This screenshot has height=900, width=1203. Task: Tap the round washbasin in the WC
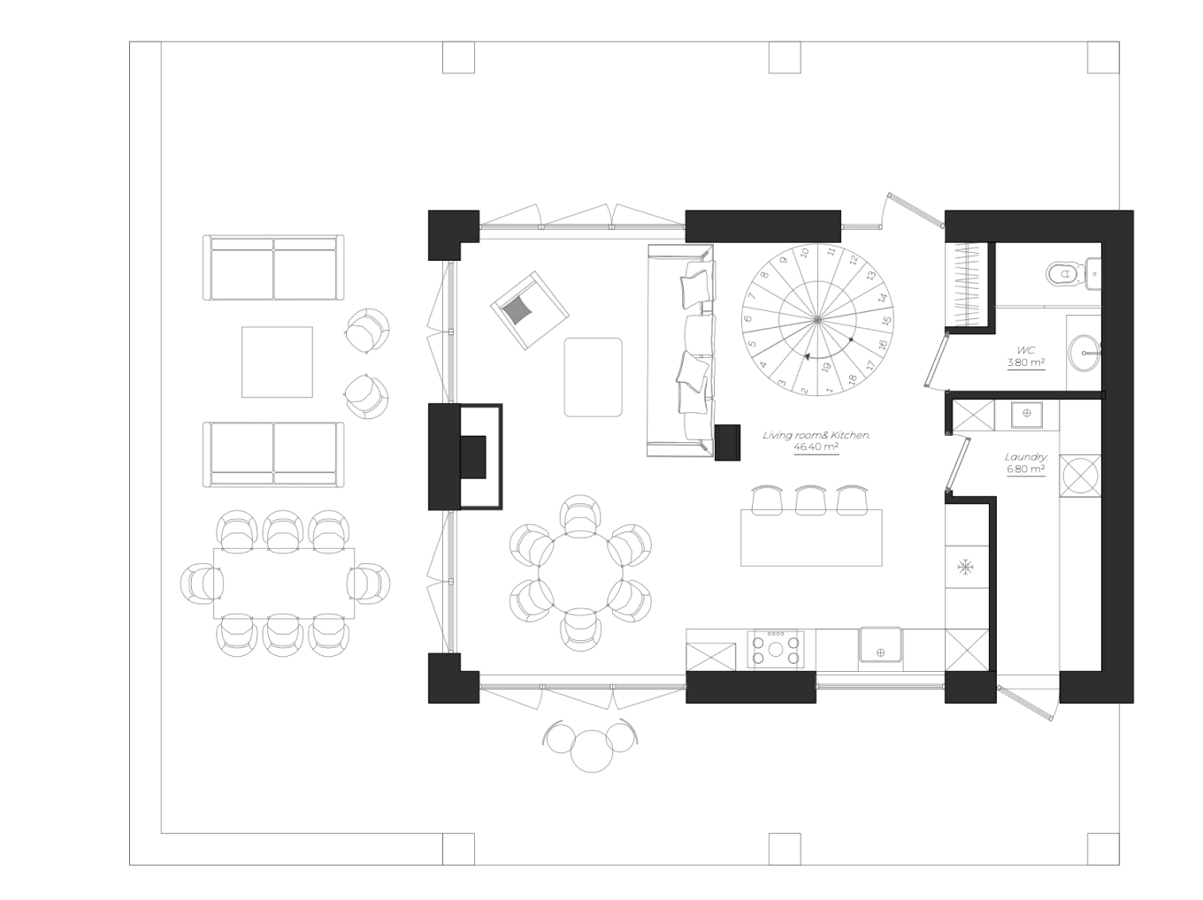point(1084,354)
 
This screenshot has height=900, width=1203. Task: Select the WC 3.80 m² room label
point(1026,357)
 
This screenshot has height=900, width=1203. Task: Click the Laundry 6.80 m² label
point(1026,463)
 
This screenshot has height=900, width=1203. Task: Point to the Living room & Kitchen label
point(816,440)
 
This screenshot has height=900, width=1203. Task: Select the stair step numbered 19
point(825,367)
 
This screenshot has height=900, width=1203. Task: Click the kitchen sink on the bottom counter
point(880,645)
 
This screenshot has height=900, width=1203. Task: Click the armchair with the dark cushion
point(528,309)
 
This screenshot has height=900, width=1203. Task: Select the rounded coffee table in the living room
point(593,377)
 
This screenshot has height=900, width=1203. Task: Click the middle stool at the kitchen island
point(810,500)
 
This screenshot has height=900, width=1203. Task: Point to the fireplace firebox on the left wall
point(473,456)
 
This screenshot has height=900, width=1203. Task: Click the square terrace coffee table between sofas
point(277,362)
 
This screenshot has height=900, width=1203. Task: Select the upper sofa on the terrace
point(273,267)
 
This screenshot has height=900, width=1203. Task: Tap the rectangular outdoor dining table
point(283,583)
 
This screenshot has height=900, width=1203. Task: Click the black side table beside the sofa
point(727,442)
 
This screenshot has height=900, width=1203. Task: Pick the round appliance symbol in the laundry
point(1080,476)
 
